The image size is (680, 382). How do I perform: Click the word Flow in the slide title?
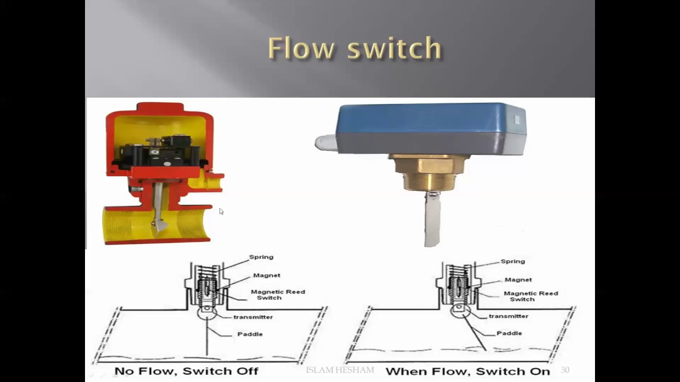[x=301, y=48]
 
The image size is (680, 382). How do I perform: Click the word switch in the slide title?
[x=394, y=48]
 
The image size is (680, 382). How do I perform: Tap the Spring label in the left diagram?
[x=261, y=257]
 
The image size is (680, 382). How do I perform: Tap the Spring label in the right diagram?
[x=513, y=262]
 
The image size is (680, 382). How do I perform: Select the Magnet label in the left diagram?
[x=266, y=275]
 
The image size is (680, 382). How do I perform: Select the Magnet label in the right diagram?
[x=518, y=280]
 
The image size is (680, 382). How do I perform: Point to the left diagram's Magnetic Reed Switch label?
[x=277, y=294]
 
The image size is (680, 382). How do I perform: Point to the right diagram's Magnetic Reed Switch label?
[x=530, y=296]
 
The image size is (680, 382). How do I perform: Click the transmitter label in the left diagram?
[x=253, y=317]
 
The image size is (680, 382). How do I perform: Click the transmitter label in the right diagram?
[x=508, y=316]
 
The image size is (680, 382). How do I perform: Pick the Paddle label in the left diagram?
[x=250, y=334]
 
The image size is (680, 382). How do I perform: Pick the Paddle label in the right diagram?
[x=509, y=333]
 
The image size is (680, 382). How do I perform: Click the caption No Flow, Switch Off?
[x=186, y=371]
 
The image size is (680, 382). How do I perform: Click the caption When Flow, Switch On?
[x=467, y=371]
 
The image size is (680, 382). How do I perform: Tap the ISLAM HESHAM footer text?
[x=340, y=370]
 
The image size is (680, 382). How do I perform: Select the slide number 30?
[x=565, y=370]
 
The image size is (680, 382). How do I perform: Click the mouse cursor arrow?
[x=221, y=211]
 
